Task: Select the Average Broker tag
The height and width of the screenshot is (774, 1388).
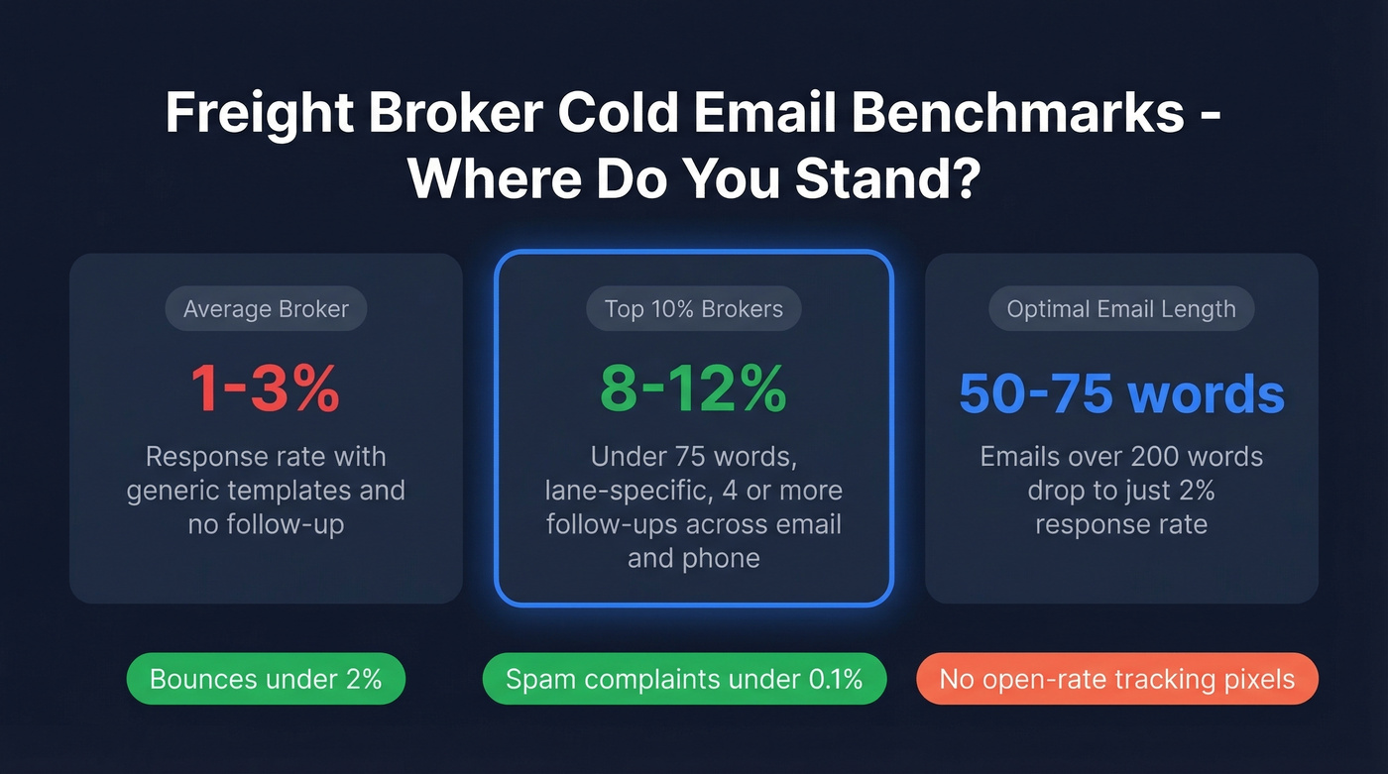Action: (266, 309)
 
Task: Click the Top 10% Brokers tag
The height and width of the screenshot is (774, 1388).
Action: (694, 309)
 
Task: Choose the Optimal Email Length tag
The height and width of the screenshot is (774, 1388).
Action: (1121, 309)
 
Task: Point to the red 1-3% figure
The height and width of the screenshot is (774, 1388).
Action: (266, 391)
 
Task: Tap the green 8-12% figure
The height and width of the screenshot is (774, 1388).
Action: (694, 391)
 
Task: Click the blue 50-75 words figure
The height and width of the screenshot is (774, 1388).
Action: (1121, 393)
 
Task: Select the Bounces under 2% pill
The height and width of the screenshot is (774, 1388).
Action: (266, 679)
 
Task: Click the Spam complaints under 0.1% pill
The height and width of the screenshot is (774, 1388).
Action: (684, 679)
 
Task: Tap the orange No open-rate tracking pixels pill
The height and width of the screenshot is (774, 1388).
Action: (1117, 679)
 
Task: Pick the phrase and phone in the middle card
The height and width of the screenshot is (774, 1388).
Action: (694, 558)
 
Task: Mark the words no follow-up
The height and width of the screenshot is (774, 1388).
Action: (266, 524)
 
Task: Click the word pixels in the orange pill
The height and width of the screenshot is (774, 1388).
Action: (1257, 680)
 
